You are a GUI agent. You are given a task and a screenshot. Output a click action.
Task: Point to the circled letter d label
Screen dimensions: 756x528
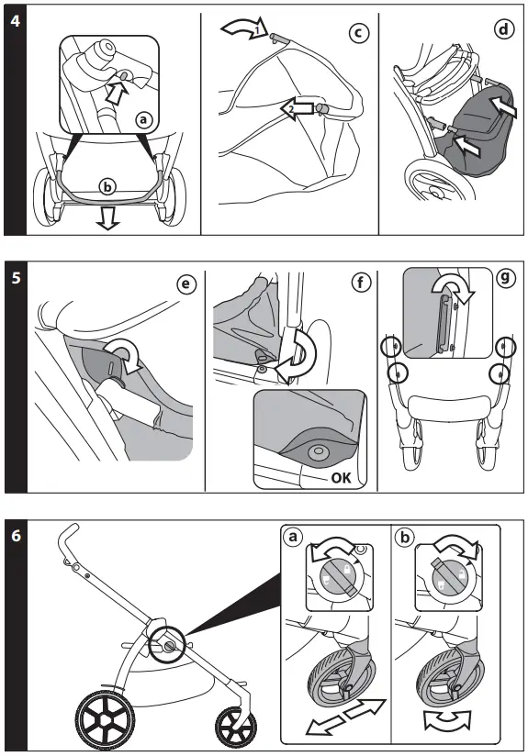502,28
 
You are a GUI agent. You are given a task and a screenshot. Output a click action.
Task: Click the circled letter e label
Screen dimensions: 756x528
187,284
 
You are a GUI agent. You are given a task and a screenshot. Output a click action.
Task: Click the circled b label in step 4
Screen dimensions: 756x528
109,187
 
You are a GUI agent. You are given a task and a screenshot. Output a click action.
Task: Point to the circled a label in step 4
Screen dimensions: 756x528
142,119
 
